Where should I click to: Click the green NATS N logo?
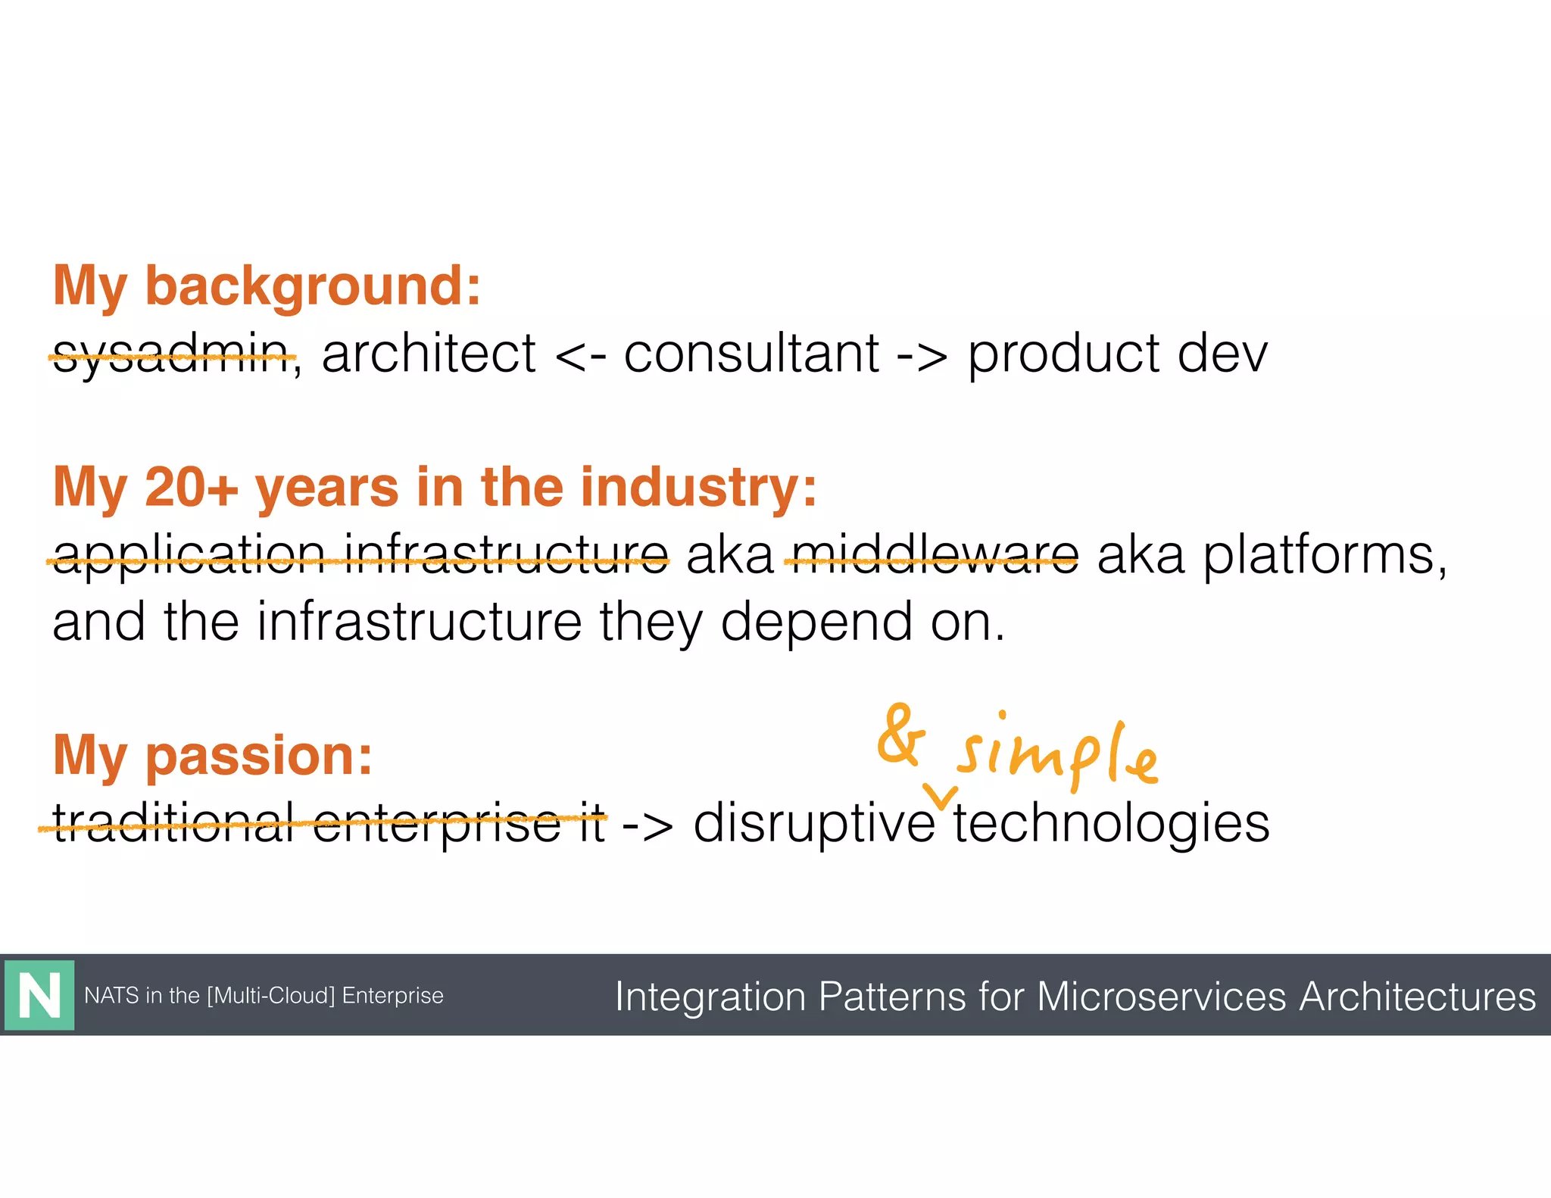pyautogui.click(x=39, y=995)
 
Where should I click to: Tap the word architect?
pyautogui.click(x=429, y=354)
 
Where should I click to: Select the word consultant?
pyautogui.click(x=751, y=354)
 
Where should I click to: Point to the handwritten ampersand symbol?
pyautogui.click(x=900, y=735)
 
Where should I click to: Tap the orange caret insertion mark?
pyautogui.click(x=942, y=796)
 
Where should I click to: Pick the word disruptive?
pyautogui.click(x=814, y=824)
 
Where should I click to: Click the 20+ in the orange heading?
pyautogui.click(x=191, y=487)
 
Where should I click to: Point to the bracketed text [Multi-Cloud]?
pyautogui.click(x=270, y=995)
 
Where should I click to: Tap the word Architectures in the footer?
pyautogui.click(x=1417, y=996)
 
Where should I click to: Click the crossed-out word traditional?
pyautogui.click(x=173, y=824)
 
